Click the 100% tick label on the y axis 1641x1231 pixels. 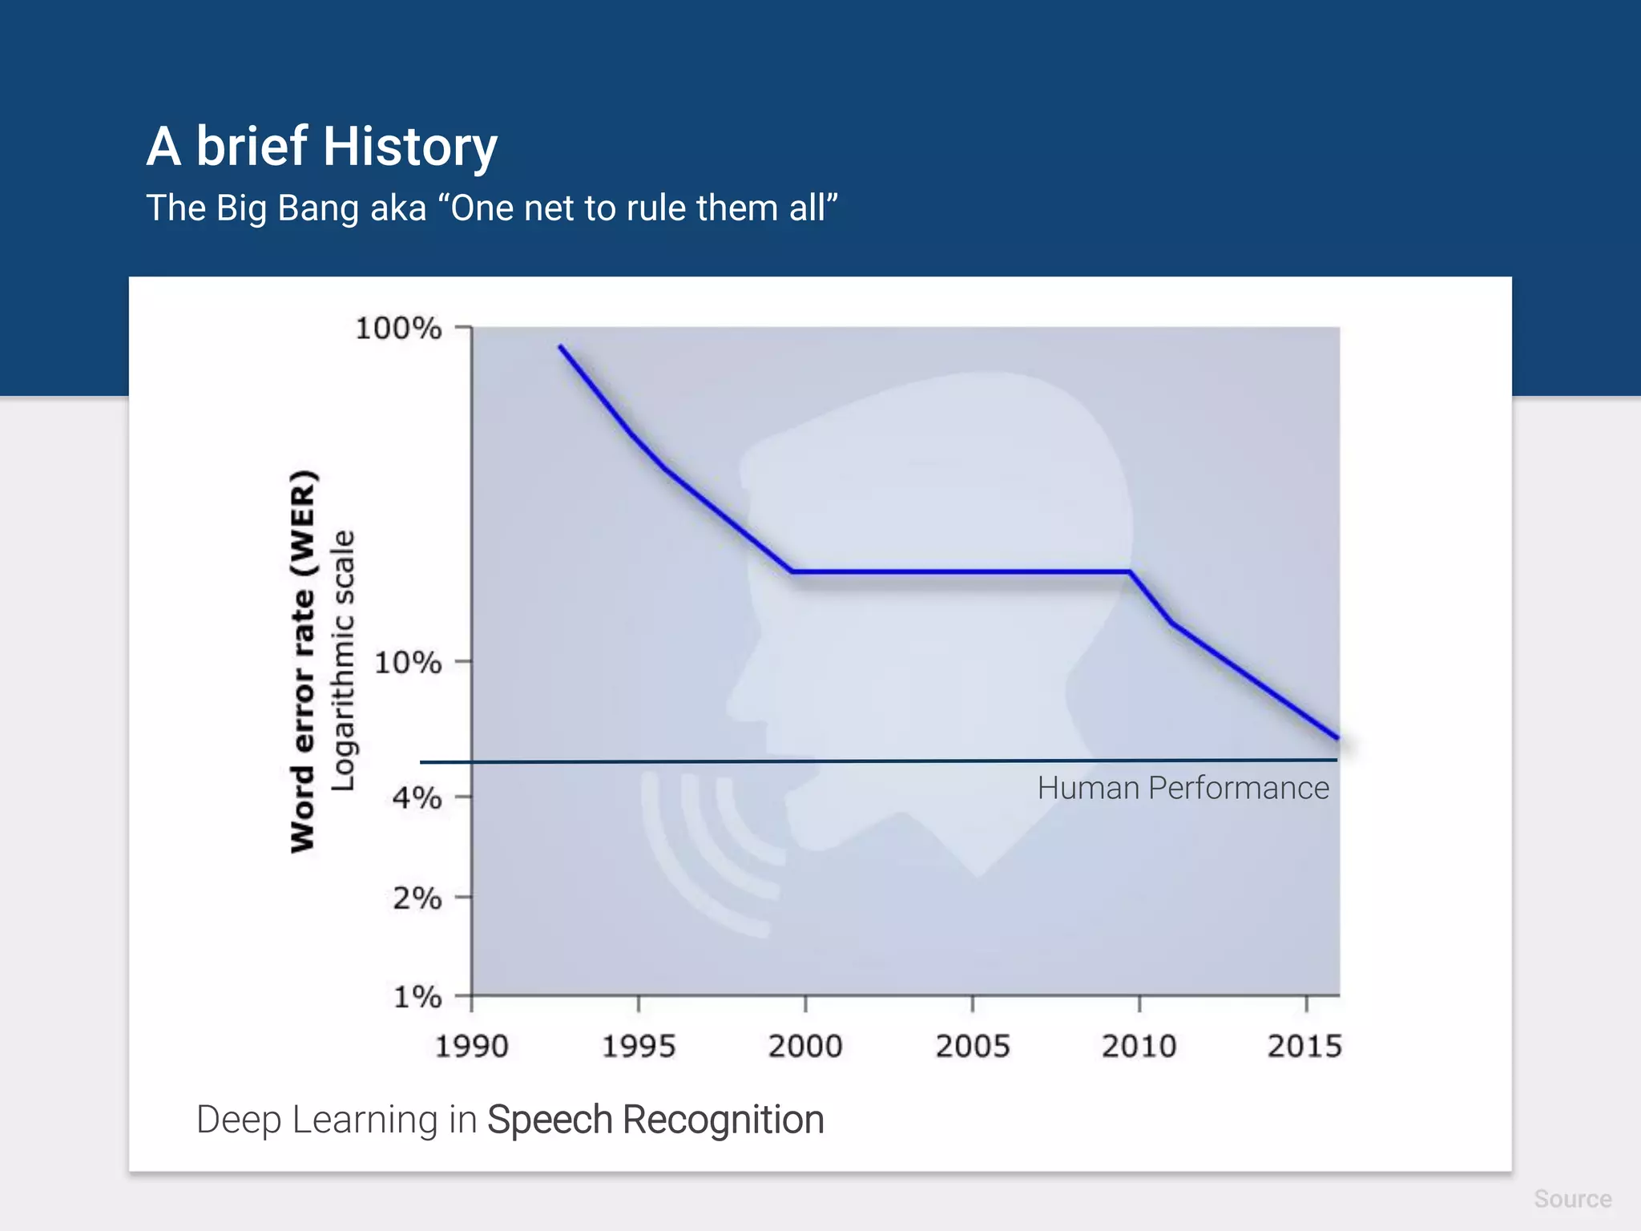397,329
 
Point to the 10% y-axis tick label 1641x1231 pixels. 407,663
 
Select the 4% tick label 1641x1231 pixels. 417,797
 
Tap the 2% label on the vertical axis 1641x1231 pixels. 417,898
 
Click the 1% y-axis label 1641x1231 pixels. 417,997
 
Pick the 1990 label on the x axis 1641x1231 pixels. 471,1047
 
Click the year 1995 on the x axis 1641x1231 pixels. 639,1047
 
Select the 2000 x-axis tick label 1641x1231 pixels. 805,1047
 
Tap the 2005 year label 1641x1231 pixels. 973,1047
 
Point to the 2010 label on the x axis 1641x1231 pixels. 1139,1047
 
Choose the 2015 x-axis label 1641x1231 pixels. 1304,1047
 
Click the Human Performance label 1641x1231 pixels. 1183,789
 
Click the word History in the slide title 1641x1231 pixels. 410,147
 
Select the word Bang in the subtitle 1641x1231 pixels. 318,208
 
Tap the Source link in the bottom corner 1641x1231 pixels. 1572,1199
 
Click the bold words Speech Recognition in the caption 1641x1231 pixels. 655,1120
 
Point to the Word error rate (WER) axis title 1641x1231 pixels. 304,662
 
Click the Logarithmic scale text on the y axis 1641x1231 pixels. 343,660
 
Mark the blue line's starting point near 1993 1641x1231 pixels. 561,347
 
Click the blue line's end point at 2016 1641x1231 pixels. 1337,737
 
